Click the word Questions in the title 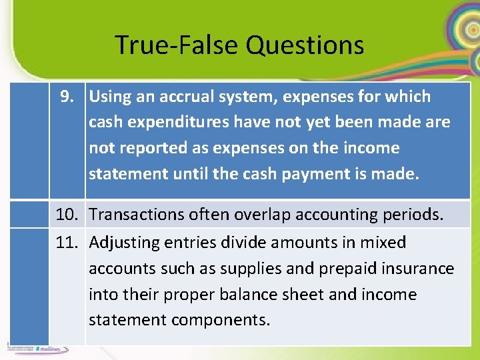tap(305, 45)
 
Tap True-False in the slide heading tap(177, 45)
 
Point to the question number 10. tap(67, 215)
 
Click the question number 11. tap(67, 243)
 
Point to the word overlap tap(259, 215)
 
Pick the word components tap(220, 320)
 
